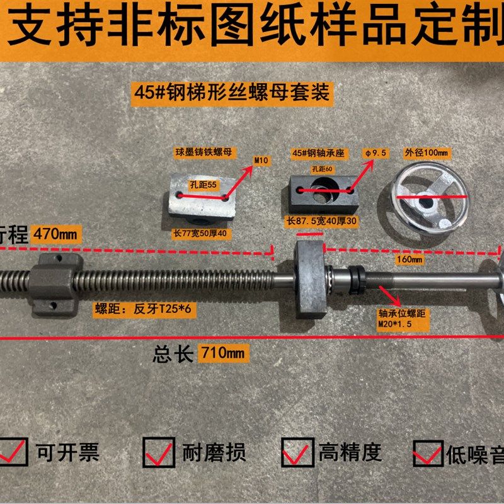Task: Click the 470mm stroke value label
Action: point(57,234)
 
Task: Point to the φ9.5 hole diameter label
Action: point(375,154)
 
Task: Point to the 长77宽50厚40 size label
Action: point(203,232)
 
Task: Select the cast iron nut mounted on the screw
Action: point(55,284)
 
